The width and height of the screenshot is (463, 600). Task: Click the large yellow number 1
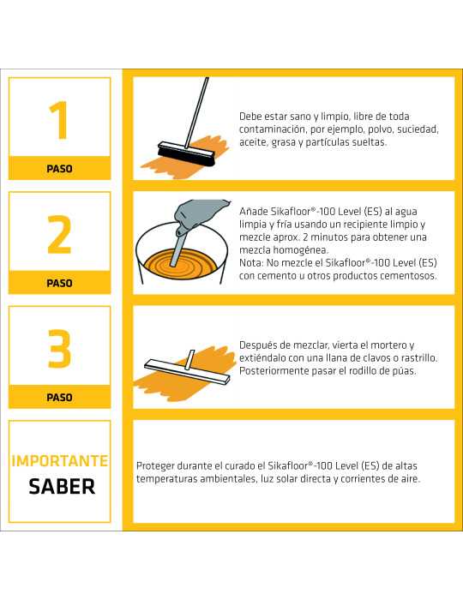point(59,120)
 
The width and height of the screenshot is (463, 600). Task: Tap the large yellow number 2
point(59,234)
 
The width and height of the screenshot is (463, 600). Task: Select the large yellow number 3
point(59,348)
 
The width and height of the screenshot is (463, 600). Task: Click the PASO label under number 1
point(59,169)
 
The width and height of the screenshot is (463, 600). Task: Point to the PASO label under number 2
point(59,283)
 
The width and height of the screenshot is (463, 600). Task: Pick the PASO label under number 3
point(59,398)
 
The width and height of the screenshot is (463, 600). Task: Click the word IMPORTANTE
point(60,461)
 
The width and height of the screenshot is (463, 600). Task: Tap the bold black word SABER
point(62,487)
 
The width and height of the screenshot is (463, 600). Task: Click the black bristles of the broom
point(186,157)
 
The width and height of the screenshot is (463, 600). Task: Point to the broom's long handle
point(196,112)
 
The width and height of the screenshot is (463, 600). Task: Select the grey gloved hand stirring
point(198,215)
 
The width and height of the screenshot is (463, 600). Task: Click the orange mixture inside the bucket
point(180,265)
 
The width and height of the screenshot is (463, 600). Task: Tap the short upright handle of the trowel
point(189,360)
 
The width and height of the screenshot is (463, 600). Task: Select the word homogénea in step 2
point(284,250)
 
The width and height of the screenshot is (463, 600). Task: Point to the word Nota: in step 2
point(251,263)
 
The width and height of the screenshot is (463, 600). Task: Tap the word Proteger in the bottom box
point(155,466)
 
